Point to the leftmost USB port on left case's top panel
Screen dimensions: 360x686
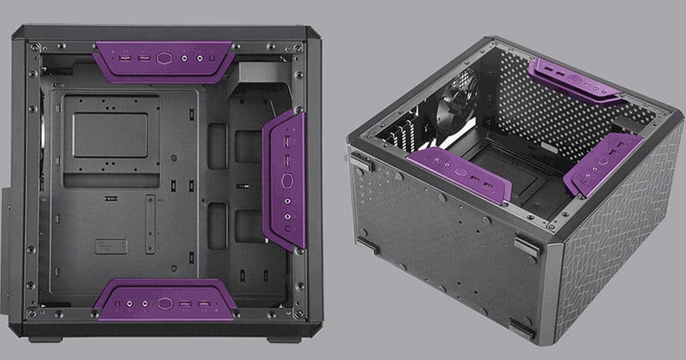(x=126, y=59)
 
